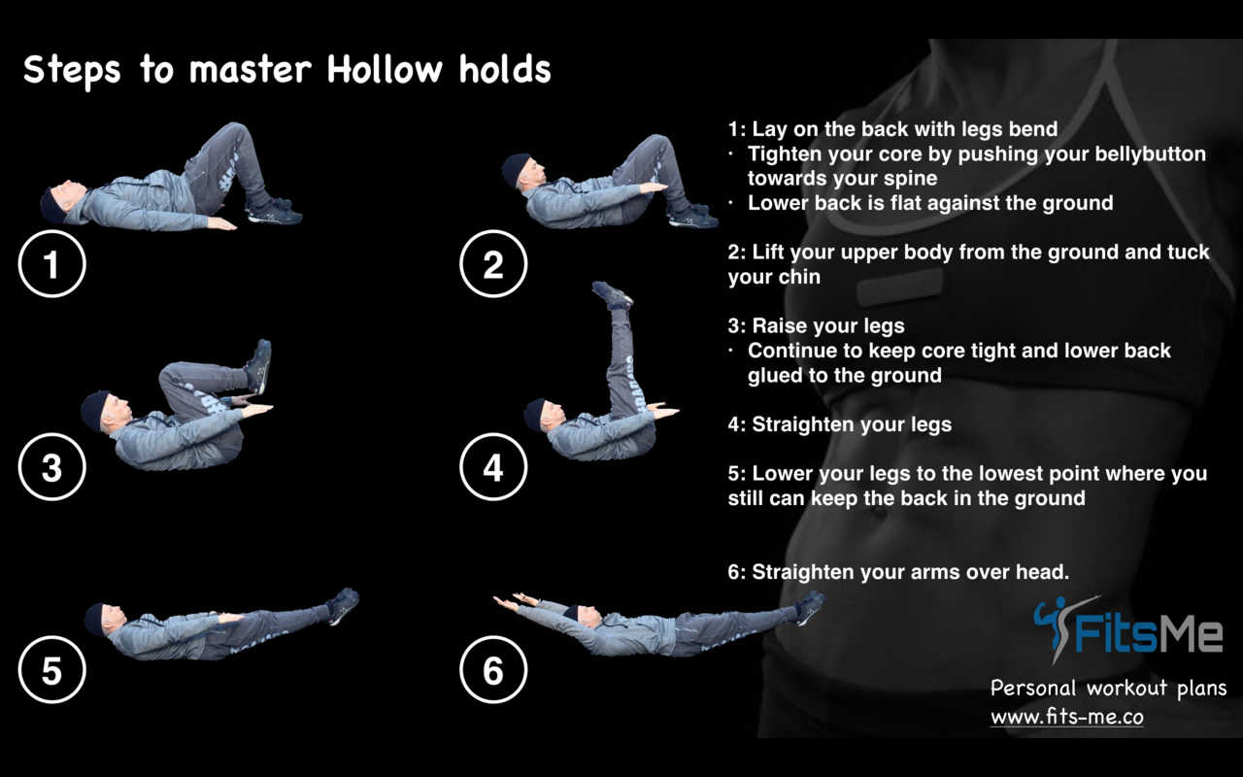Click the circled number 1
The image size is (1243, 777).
point(51,263)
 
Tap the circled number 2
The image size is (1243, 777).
point(493,263)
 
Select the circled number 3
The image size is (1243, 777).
point(51,467)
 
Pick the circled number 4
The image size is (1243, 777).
point(493,467)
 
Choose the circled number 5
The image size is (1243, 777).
point(51,669)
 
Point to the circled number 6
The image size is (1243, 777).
point(493,669)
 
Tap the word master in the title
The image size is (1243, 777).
point(251,71)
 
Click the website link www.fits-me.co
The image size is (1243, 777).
point(1067,717)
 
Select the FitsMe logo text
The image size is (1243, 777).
point(1148,635)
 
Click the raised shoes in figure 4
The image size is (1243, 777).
point(612,295)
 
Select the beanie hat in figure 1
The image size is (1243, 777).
point(52,204)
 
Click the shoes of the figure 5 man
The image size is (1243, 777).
point(343,605)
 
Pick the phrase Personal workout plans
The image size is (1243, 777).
point(1108,689)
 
